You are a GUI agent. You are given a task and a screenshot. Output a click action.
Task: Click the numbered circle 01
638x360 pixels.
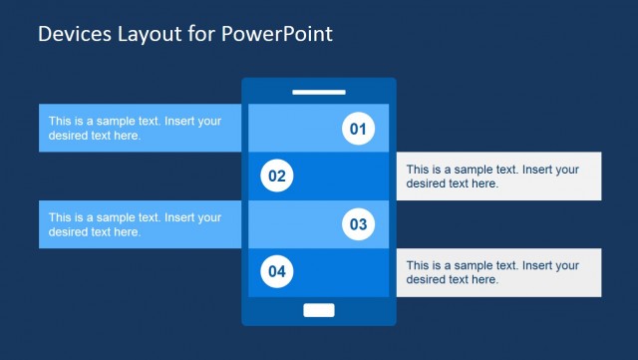coord(358,129)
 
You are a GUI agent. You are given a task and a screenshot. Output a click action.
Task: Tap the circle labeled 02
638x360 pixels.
coord(277,177)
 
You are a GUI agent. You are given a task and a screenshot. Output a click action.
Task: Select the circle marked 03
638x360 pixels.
coord(358,224)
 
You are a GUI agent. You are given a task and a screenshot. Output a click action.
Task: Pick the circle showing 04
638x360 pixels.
coord(277,271)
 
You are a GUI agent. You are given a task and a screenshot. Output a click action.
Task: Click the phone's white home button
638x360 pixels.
coord(319,310)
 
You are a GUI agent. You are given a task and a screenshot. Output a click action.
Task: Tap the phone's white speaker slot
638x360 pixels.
coord(319,93)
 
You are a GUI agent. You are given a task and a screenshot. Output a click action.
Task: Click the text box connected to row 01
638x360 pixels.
coord(141,128)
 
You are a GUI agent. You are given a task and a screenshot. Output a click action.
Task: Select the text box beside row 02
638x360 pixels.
coord(498,177)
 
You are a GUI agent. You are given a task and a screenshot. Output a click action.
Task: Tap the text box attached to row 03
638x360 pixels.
coord(141,224)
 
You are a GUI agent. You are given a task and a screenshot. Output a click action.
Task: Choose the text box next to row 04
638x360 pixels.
coord(498,272)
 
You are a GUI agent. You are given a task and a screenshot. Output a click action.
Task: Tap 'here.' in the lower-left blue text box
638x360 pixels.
coord(125,231)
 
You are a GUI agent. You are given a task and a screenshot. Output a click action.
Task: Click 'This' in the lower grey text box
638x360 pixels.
coord(419,266)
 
